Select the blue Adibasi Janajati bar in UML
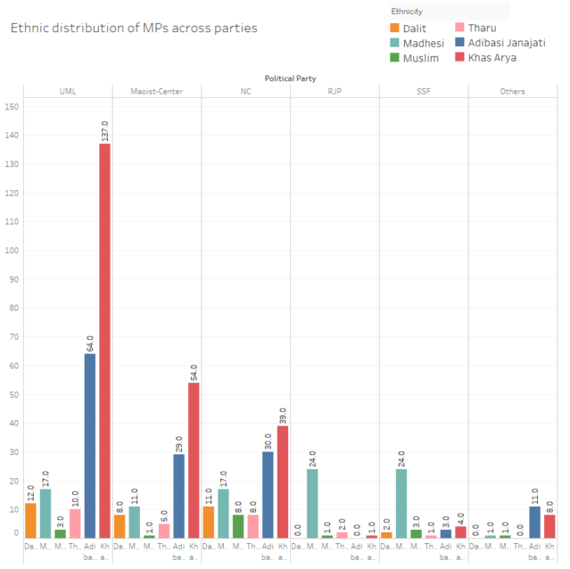[x=90, y=446]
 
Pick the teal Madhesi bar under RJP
[x=312, y=503]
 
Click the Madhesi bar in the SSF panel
[x=401, y=503]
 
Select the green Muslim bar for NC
[x=238, y=526]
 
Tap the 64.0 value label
[x=90, y=342]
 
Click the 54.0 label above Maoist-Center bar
[x=194, y=370]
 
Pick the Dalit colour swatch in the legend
[x=396, y=28]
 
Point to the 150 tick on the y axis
[x=12, y=107]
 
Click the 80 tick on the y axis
[x=13, y=308]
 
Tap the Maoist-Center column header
[x=156, y=91]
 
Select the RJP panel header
[x=335, y=91]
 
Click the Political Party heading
[x=290, y=78]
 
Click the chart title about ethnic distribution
[x=133, y=28]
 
